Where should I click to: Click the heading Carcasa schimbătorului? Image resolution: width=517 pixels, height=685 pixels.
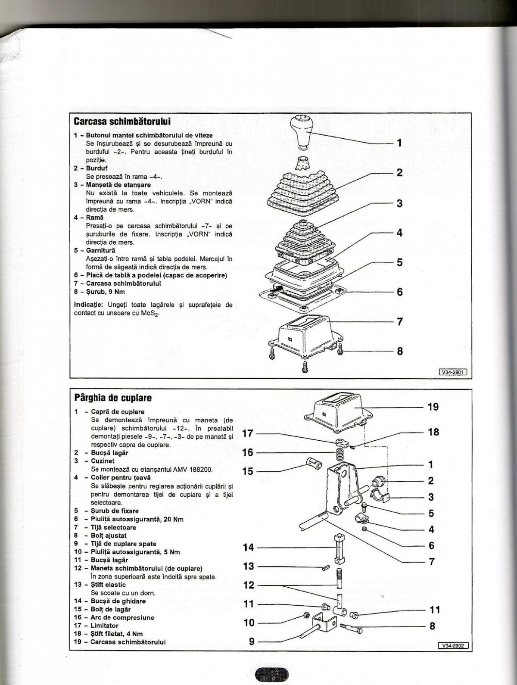(122, 121)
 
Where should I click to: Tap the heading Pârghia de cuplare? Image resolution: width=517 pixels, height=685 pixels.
(113, 397)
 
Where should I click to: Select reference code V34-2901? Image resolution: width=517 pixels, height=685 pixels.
(453, 372)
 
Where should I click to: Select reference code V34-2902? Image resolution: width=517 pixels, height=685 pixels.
(453, 645)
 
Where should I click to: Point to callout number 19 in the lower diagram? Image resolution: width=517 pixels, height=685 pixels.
(433, 407)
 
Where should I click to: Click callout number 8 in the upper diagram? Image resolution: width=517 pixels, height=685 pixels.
(399, 351)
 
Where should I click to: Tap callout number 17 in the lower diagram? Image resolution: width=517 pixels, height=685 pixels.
(247, 433)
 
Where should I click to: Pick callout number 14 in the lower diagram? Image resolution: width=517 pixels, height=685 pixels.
(249, 548)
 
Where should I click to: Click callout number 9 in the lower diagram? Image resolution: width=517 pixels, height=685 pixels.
(252, 641)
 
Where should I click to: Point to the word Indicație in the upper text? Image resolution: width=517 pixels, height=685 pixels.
(88, 305)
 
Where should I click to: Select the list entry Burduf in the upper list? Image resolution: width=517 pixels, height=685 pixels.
(97, 168)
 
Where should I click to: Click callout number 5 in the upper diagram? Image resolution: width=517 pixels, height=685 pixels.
(399, 262)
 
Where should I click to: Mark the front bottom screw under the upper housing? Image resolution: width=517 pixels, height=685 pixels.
(305, 367)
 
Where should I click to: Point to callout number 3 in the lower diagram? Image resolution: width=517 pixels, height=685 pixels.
(430, 497)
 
